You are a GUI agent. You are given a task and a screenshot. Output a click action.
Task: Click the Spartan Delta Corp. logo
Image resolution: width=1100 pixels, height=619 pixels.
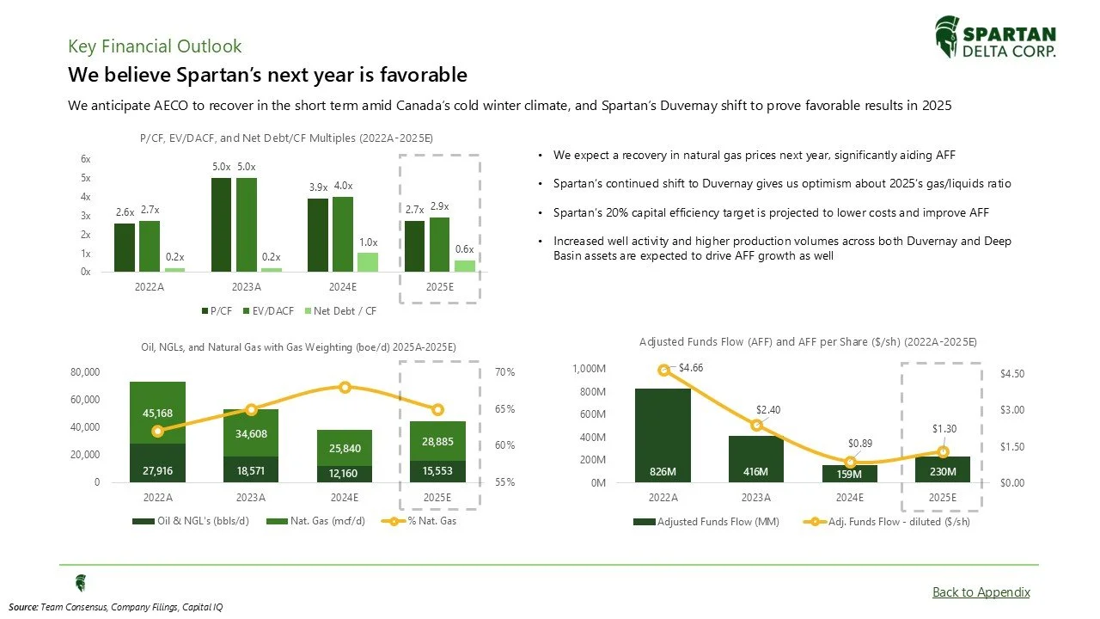995,38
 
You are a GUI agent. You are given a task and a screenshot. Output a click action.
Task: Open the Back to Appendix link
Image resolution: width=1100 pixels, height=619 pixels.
981,591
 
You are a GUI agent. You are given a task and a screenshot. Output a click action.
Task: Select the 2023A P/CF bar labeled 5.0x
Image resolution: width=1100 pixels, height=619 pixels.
221,224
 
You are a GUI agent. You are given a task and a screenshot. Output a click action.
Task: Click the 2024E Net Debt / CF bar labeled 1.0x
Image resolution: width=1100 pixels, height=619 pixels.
367,261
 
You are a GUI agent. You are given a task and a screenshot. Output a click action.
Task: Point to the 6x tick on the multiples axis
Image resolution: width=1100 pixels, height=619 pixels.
86,159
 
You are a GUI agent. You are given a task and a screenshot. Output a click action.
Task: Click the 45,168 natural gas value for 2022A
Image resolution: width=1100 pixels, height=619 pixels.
158,413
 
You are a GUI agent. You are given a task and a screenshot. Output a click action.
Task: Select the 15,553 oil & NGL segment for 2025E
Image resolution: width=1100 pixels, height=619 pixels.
437,471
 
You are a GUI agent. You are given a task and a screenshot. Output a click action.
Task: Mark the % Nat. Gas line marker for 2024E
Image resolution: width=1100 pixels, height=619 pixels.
345,387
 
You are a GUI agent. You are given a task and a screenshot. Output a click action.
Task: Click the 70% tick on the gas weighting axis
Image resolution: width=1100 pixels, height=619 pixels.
505,372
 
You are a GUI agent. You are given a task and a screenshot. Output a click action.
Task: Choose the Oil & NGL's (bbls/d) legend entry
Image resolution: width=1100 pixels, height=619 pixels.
187,521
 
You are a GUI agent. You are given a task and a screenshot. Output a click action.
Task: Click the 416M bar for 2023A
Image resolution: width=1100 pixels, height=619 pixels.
756,472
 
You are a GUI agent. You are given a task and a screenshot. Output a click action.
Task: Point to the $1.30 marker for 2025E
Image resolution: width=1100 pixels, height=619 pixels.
944,451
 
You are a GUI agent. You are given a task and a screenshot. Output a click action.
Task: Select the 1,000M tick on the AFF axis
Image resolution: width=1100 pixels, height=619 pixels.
589,368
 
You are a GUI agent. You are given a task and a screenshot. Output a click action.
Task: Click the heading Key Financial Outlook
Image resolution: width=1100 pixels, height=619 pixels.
155,46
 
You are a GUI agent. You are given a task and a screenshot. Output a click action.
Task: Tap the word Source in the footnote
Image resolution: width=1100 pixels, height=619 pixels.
22,607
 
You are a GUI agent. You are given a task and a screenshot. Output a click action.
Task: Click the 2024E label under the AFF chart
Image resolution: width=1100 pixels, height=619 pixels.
850,497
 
